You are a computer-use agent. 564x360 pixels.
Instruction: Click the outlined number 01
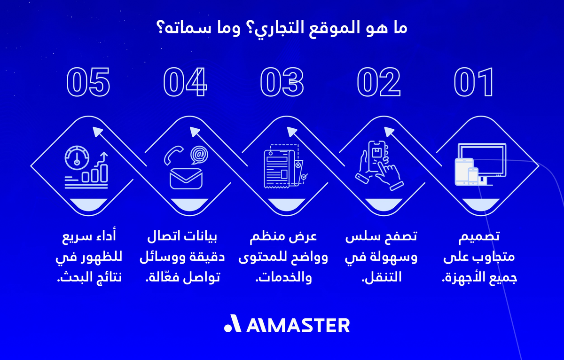click(474, 83)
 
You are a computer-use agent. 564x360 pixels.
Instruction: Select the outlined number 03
click(282, 83)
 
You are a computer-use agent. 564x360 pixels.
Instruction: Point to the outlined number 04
click(185, 83)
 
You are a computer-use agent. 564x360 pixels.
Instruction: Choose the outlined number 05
click(88, 83)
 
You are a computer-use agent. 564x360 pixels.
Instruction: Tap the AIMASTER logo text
click(287, 325)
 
